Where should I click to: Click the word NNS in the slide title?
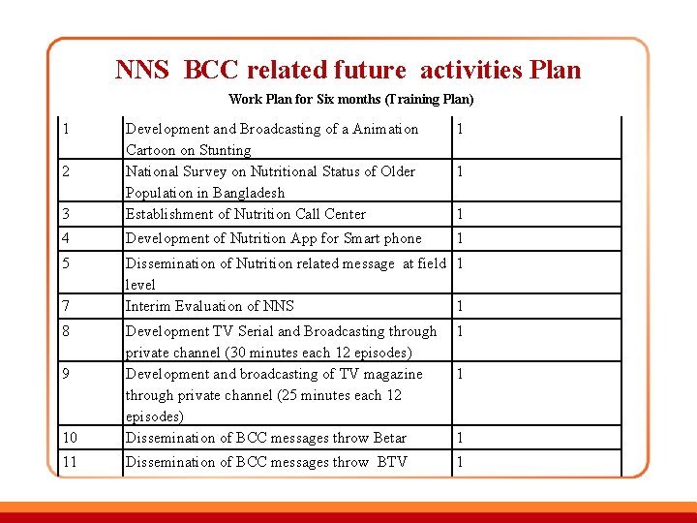(x=142, y=70)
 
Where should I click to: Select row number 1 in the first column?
(x=64, y=129)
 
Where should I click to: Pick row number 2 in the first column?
(x=64, y=171)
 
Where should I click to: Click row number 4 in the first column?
(x=65, y=238)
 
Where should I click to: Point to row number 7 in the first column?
(x=65, y=306)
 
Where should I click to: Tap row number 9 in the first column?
(x=65, y=374)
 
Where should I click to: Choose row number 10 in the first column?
(x=68, y=438)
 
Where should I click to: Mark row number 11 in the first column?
(x=68, y=462)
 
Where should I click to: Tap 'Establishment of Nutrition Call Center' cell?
(x=246, y=214)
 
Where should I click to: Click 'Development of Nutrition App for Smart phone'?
(x=274, y=238)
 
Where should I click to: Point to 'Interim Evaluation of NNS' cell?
(x=210, y=306)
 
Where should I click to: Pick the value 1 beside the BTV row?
(x=460, y=462)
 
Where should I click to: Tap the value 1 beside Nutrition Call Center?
(x=460, y=214)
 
